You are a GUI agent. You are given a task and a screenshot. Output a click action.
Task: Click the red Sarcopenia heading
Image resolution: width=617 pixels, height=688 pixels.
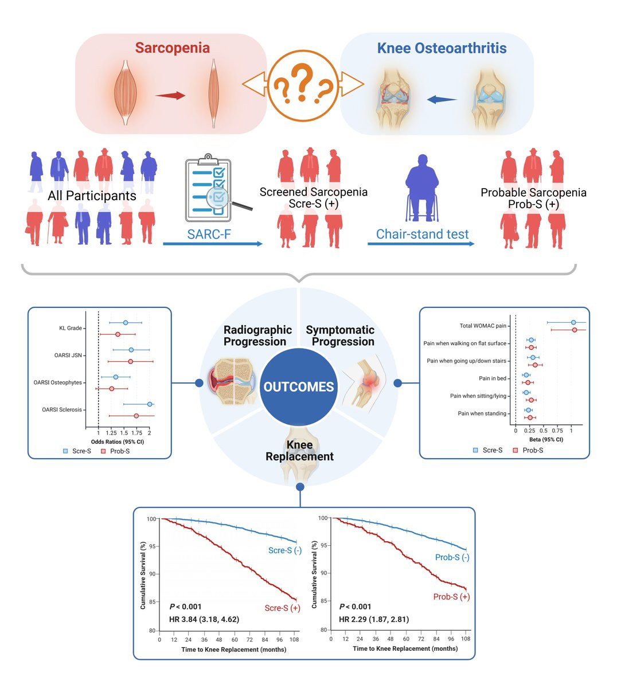click(x=172, y=48)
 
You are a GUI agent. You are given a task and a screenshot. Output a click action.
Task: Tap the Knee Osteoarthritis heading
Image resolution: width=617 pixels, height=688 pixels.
click(x=442, y=48)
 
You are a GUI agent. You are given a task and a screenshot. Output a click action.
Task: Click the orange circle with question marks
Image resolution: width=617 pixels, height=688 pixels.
click(x=303, y=85)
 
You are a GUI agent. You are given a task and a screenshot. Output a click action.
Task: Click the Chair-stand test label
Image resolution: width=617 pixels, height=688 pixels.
click(x=422, y=234)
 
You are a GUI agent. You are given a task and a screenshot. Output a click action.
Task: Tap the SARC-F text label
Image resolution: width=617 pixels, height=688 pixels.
click(x=209, y=234)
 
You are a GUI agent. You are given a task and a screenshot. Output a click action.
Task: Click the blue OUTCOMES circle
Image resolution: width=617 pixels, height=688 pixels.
click(x=298, y=387)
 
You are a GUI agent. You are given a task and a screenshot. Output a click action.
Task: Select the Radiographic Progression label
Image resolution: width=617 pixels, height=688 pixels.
click(x=257, y=336)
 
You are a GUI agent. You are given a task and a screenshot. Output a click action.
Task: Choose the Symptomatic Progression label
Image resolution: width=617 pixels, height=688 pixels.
click(x=340, y=336)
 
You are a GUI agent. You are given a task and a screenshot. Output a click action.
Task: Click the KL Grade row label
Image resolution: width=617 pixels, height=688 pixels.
click(x=71, y=329)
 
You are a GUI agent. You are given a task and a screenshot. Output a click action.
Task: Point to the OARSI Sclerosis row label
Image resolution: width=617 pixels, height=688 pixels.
click(x=62, y=410)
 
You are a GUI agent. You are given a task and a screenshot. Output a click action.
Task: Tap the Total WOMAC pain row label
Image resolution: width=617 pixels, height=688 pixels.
click(x=483, y=326)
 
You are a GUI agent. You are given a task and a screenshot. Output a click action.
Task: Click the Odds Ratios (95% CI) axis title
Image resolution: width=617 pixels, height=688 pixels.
click(x=118, y=442)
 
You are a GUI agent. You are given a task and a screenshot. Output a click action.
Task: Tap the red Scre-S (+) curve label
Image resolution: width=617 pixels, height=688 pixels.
click(x=282, y=608)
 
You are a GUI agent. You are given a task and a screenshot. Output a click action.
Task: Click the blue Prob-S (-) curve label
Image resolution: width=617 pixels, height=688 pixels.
click(x=452, y=557)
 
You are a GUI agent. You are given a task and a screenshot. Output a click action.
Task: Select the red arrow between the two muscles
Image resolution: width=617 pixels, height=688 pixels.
click(x=170, y=96)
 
